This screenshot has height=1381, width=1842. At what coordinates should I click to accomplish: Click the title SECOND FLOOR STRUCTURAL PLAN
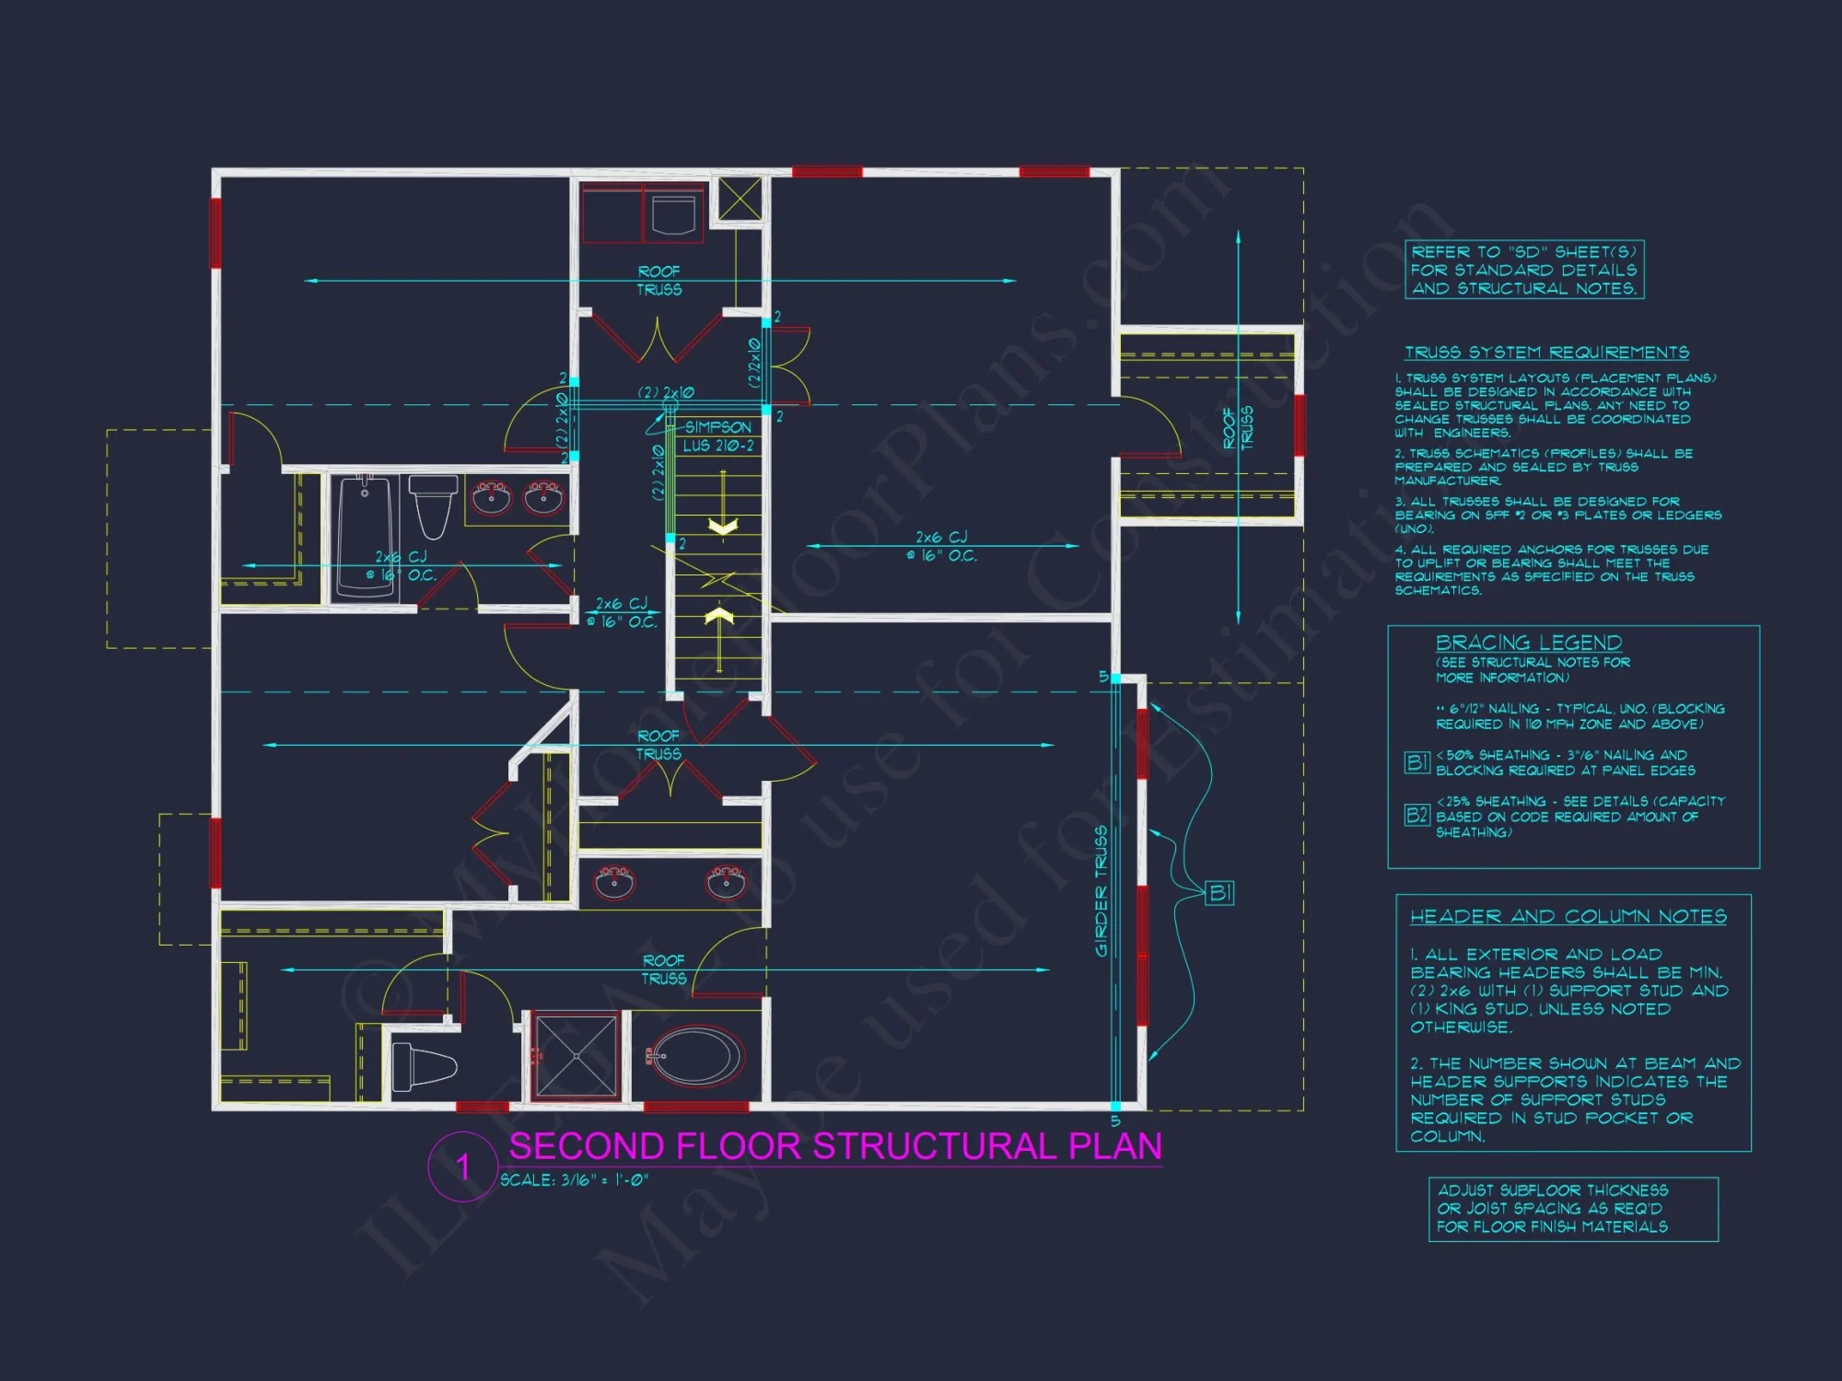(x=834, y=1146)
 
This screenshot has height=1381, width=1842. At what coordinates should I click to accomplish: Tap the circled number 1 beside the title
(x=462, y=1167)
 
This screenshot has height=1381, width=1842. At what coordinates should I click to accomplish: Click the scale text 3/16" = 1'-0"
(x=575, y=1180)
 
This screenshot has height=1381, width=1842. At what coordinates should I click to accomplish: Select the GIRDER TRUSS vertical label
(x=1102, y=891)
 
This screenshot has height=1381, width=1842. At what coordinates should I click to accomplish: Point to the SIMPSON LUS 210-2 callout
(x=717, y=436)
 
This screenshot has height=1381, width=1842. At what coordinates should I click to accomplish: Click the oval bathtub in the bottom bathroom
(x=696, y=1056)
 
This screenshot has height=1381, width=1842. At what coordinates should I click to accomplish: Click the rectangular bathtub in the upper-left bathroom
(x=365, y=532)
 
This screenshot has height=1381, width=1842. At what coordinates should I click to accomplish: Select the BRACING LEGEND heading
(x=1528, y=643)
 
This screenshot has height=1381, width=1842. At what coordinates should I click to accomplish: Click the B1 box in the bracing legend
(x=1416, y=762)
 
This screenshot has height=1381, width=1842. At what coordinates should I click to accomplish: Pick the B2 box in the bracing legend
(x=1416, y=815)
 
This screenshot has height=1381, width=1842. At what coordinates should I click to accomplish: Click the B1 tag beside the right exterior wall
(x=1218, y=892)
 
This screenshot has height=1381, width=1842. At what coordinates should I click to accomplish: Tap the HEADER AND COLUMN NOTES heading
(x=1568, y=916)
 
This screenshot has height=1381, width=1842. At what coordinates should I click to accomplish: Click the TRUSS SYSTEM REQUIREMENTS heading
(x=1546, y=353)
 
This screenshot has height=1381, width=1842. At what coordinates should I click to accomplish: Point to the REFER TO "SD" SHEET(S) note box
(x=1524, y=270)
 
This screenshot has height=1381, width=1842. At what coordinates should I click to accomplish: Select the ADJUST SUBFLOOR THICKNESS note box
(x=1572, y=1209)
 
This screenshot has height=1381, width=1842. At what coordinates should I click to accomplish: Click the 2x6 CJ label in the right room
(x=941, y=545)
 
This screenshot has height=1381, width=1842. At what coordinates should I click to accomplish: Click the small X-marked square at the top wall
(x=740, y=199)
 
